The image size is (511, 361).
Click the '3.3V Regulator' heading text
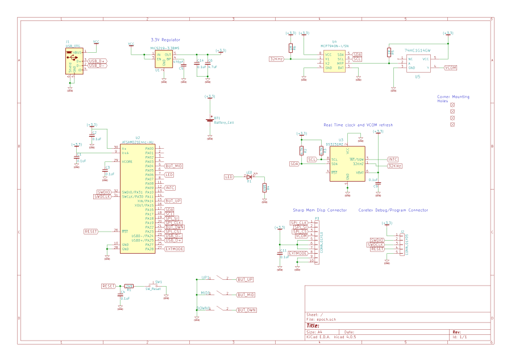[165, 40]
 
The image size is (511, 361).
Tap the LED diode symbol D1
[248, 177]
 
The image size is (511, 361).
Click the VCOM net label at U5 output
[450, 68]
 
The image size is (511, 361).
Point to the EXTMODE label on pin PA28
[175, 249]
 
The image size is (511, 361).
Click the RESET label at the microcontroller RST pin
[92, 232]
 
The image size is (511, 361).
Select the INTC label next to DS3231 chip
[392, 159]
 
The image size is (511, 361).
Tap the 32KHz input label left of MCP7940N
[276, 59]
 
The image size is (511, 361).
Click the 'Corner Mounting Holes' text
[453, 99]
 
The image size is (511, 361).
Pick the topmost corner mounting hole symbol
[452, 105]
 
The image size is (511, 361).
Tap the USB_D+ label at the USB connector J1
[97, 61]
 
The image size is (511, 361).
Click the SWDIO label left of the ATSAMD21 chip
[104, 192]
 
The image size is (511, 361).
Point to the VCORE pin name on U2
[128, 162]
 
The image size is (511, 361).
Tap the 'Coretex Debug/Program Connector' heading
[393, 210]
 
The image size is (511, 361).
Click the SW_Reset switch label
[153, 289]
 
